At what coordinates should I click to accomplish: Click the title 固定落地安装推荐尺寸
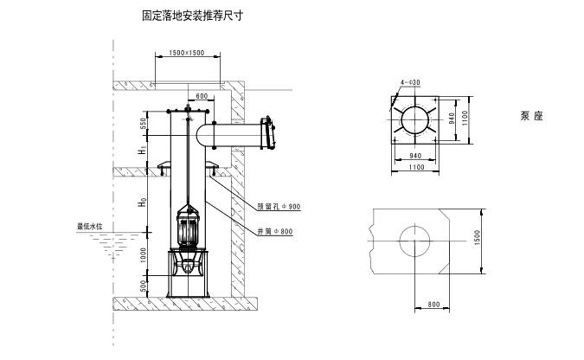click(190, 16)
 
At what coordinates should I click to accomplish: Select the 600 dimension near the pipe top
click(202, 96)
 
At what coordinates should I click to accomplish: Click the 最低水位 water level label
click(90, 227)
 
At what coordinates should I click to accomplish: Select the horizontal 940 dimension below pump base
click(414, 157)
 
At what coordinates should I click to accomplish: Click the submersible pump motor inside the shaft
click(188, 229)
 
